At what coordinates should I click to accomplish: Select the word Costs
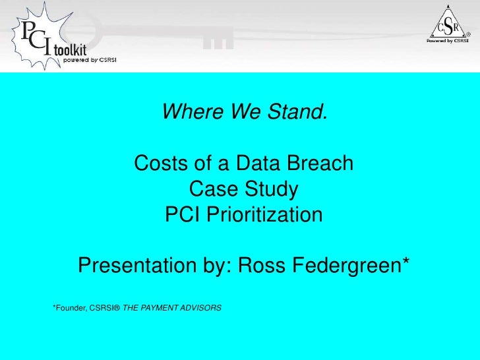(x=158, y=162)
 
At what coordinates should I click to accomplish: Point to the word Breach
(x=322, y=162)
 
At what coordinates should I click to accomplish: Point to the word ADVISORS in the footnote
(x=203, y=308)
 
